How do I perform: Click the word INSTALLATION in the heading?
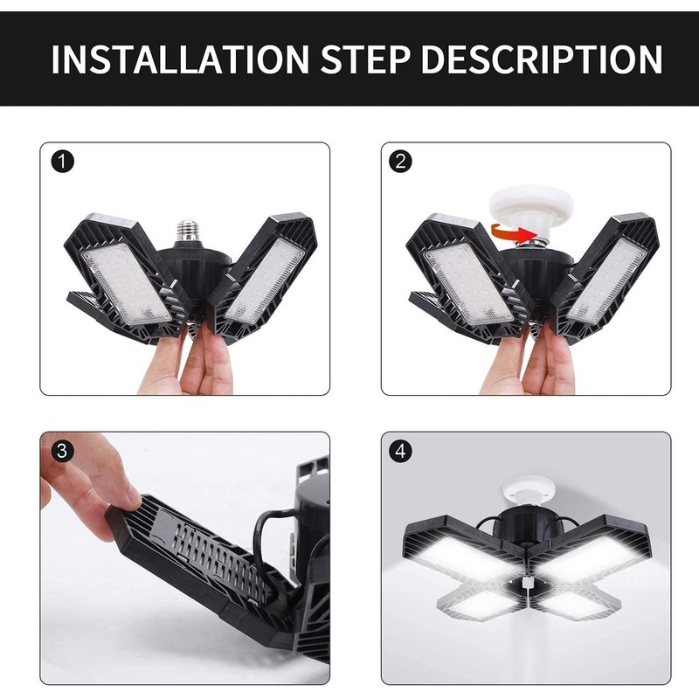(180, 59)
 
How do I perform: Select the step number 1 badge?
(62, 162)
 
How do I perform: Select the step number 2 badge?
(400, 162)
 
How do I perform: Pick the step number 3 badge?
(62, 452)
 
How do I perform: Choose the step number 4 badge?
(400, 452)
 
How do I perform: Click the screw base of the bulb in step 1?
(187, 230)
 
